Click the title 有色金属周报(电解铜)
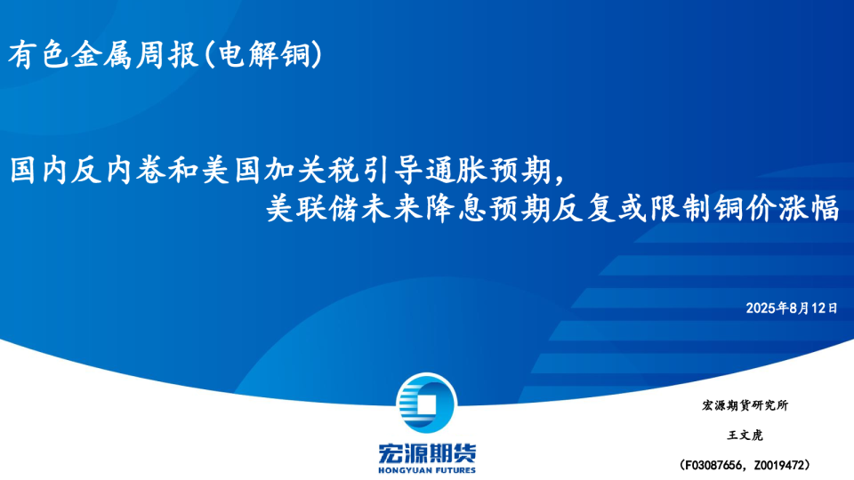(x=165, y=55)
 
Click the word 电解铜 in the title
(x=264, y=55)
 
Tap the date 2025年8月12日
(x=792, y=308)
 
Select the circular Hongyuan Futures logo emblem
(x=426, y=404)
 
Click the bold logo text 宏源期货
(x=427, y=452)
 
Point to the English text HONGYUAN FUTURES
(x=427, y=470)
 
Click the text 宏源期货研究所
(x=745, y=405)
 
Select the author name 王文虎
(x=745, y=436)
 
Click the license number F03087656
(x=713, y=465)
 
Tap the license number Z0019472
(x=779, y=465)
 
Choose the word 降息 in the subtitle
(x=455, y=209)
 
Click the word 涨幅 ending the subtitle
(x=809, y=209)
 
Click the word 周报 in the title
(x=166, y=55)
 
